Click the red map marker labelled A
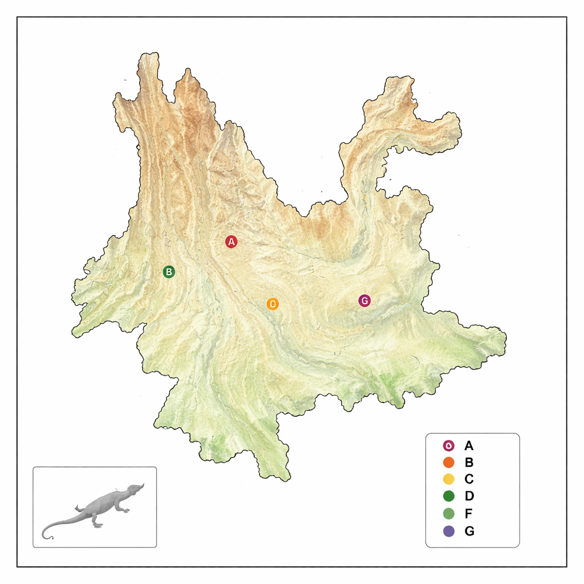click(231, 242)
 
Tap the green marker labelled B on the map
click(169, 271)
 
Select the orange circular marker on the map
click(273, 304)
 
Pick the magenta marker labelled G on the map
click(364, 301)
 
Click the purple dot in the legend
click(448, 531)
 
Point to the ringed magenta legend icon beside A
click(448, 445)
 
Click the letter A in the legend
click(469, 445)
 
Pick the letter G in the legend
click(469, 531)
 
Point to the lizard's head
click(135, 489)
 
